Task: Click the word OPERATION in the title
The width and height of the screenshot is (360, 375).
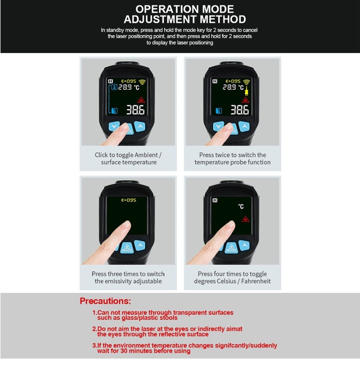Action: click(166, 9)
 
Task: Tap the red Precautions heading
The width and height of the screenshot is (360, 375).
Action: click(105, 301)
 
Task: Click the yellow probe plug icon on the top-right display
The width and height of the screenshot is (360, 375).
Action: click(247, 90)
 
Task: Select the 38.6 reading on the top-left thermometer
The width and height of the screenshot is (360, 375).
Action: click(135, 110)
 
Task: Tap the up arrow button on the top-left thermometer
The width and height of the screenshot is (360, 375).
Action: click(140, 126)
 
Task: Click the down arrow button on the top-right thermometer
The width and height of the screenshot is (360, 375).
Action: click(218, 126)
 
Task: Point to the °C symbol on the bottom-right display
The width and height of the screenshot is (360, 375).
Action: click(241, 206)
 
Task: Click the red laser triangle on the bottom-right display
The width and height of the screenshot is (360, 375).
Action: click(245, 219)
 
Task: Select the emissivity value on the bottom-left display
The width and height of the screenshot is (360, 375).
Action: click(129, 200)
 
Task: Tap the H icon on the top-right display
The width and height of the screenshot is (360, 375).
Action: click(215, 81)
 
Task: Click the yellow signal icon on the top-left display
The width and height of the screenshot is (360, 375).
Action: click(142, 82)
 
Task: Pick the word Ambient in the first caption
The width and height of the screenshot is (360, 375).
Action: click(146, 155)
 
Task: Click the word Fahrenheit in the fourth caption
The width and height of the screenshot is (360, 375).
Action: click(256, 281)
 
